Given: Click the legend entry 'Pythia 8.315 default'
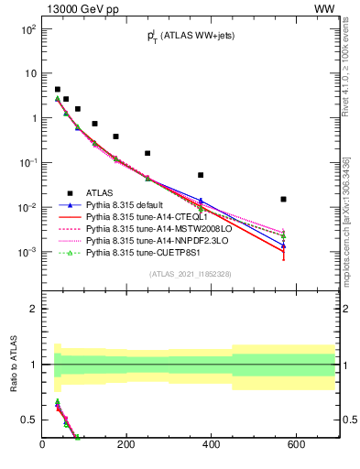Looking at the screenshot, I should [129, 206].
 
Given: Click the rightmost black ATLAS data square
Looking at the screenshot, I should [284, 199].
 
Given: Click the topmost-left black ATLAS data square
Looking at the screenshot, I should [57, 90].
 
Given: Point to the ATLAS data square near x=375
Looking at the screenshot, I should [201, 175].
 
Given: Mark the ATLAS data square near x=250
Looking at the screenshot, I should [147, 154].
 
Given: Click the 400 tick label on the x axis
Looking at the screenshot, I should [212, 445].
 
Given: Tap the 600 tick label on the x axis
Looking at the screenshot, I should [296, 445].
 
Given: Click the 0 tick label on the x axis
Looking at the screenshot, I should [42, 445].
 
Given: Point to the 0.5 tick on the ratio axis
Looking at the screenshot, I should [30, 420].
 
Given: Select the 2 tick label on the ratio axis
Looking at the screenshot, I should [33, 309].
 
